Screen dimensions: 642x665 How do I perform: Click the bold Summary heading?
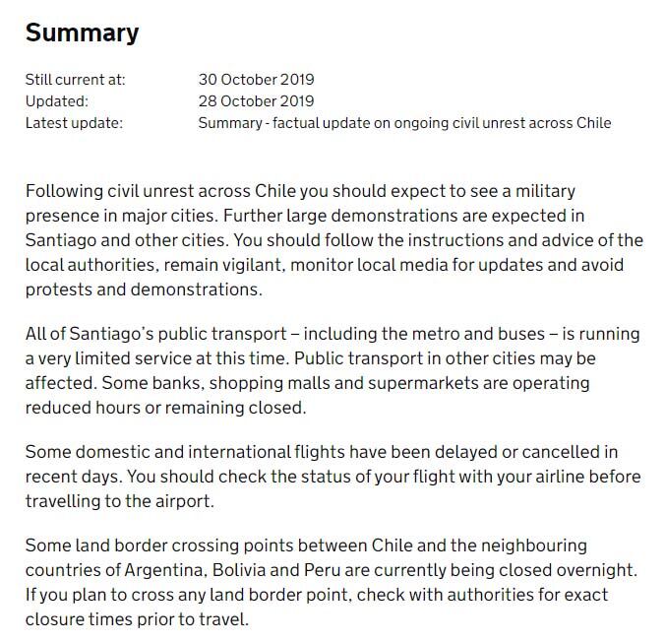coord(82,32)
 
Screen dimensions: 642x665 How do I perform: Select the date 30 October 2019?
coord(256,79)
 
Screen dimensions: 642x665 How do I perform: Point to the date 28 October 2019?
coord(256,100)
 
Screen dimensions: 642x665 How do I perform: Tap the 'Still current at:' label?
coord(75,79)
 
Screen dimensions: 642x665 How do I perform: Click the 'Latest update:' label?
coord(74,123)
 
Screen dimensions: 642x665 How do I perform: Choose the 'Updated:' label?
coord(56,100)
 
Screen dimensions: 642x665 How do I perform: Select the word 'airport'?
coord(179,501)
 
